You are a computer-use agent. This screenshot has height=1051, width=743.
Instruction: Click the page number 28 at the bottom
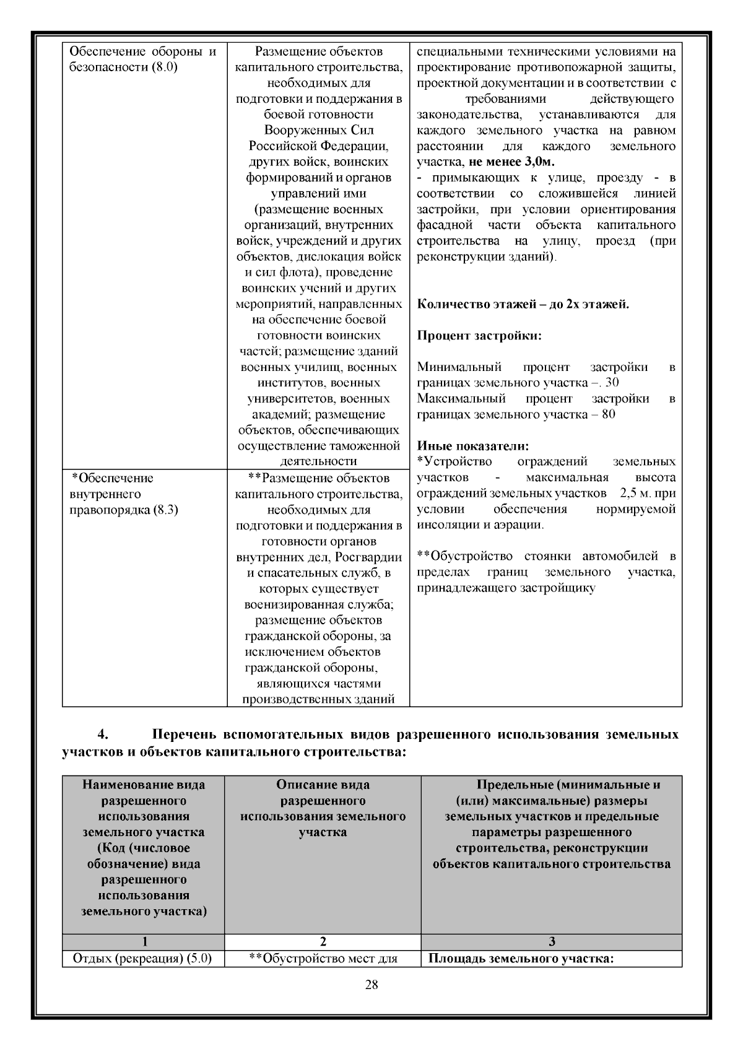coord(371,985)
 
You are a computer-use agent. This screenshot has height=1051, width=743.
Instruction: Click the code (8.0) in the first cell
coord(163,68)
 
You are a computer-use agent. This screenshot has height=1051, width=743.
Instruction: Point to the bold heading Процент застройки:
coord(479,336)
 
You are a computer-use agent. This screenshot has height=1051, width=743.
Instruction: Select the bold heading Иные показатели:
coord(473,446)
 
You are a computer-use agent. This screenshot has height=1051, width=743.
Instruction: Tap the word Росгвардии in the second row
coord(370,557)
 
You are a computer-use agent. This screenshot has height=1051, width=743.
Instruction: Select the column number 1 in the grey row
coord(144,942)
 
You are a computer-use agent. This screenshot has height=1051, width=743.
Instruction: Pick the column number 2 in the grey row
coord(323,942)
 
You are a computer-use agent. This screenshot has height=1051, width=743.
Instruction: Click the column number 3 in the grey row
coord(552,942)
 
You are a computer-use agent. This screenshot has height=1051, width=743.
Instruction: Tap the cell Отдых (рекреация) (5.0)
coord(142,959)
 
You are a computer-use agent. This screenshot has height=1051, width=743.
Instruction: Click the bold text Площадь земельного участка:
coord(521,959)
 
